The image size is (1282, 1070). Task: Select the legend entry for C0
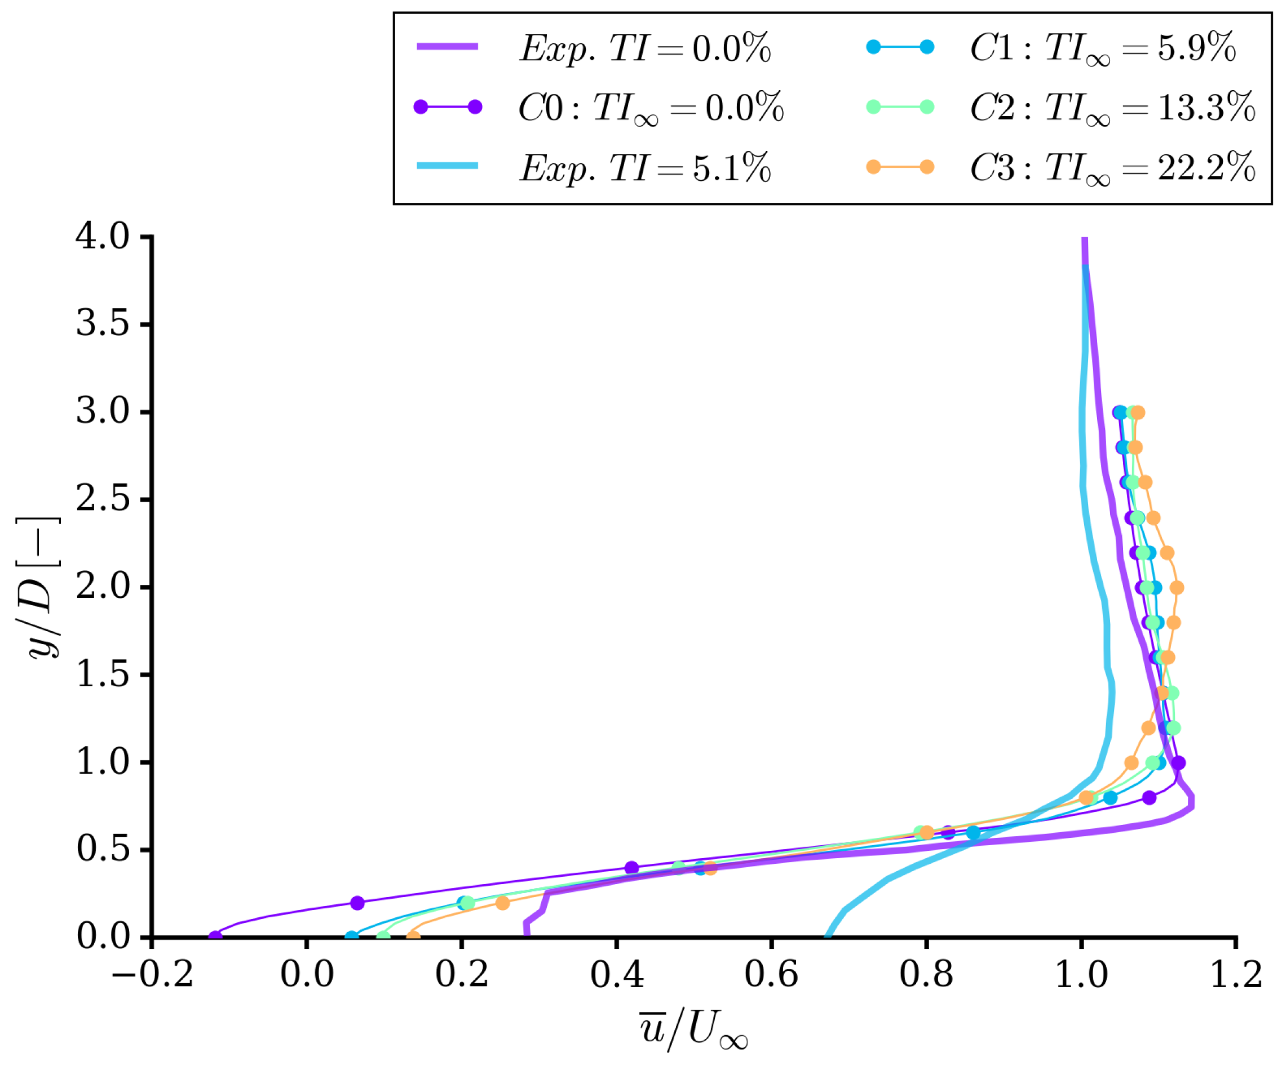[x=650, y=108]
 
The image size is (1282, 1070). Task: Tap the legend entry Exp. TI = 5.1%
[x=644, y=167]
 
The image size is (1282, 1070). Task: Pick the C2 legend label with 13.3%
[x=1111, y=108]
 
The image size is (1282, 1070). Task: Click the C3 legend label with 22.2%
[x=1111, y=167]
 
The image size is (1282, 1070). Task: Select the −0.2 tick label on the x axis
[x=152, y=974]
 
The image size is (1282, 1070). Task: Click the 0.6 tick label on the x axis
[x=771, y=974]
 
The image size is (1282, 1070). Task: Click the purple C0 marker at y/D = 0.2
[x=357, y=903]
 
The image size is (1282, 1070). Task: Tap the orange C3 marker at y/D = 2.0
[x=1177, y=588]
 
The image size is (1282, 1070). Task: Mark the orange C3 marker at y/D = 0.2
[x=502, y=903]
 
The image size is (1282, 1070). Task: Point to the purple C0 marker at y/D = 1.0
[x=1179, y=762]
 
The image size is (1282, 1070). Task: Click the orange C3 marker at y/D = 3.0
[x=1138, y=412]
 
